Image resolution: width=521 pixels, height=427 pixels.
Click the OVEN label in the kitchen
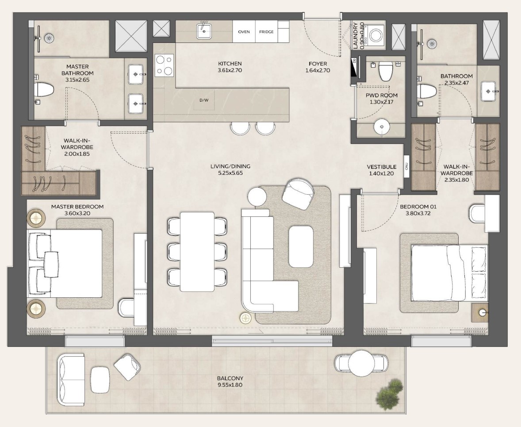coord(244,32)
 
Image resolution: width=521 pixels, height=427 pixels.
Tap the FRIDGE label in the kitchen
coord(266,32)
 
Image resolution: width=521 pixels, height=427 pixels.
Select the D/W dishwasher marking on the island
coord(203,100)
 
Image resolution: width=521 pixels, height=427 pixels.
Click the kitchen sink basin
coord(204,31)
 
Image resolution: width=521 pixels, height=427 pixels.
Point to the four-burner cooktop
coord(164,65)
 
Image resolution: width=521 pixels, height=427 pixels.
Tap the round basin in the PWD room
coord(381,127)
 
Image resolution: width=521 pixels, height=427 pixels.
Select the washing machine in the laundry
coord(375,36)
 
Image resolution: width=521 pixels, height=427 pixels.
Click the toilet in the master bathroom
coord(44,90)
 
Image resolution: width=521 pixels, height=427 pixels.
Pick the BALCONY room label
coord(230,378)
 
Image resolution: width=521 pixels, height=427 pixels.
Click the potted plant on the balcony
coord(390,392)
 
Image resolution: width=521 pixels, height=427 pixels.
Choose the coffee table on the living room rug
coord(301,246)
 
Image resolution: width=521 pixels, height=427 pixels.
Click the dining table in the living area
coord(197,252)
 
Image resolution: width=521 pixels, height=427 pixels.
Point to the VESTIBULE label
coord(381,167)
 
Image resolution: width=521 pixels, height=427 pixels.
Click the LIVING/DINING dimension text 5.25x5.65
coord(230,173)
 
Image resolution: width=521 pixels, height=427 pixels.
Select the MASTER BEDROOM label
coord(77,207)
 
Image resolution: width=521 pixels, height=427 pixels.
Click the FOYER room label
coord(318,64)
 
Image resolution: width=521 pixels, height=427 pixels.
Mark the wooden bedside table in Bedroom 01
coord(480,312)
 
